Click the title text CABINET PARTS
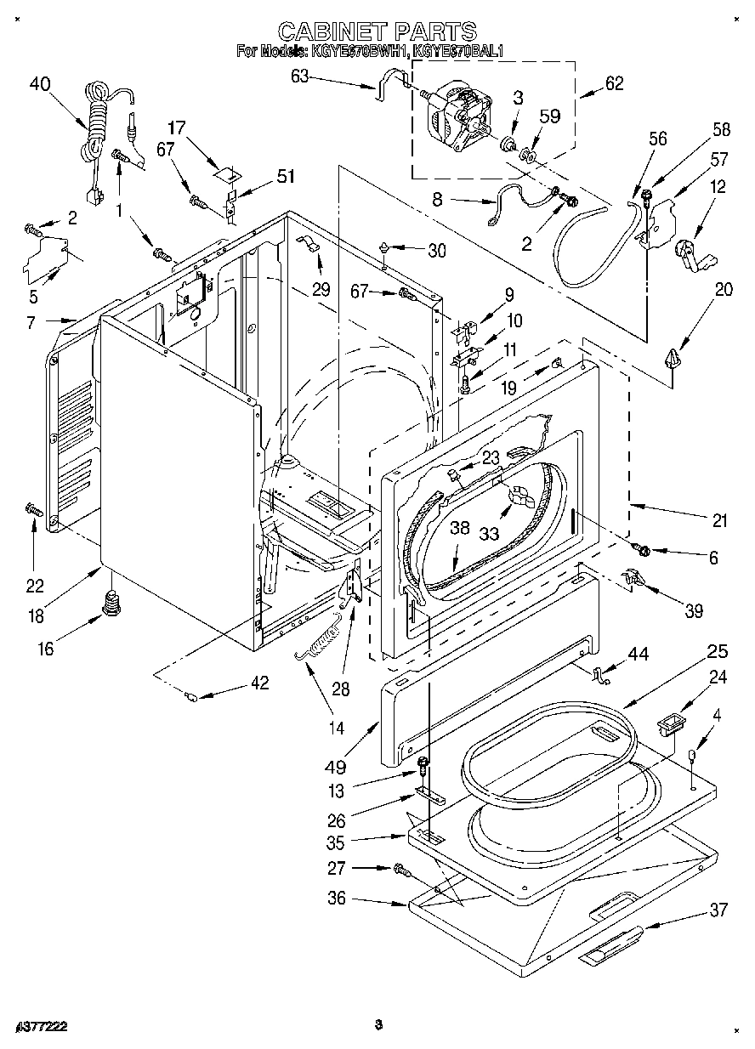(x=377, y=32)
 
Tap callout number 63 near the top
(x=299, y=77)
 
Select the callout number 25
(x=718, y=652)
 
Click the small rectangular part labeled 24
(x=671, y=727)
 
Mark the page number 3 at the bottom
(x=377, y=1024)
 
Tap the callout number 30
(x=436, y=250)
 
